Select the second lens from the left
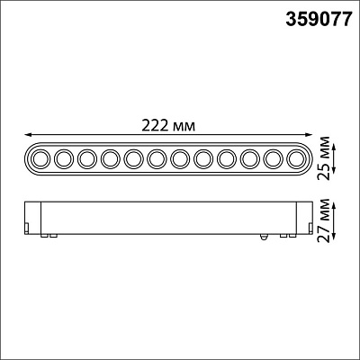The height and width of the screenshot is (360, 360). click(63, 159)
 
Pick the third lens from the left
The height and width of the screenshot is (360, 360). click(87, 159)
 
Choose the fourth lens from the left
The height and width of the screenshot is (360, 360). click(111, 159)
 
